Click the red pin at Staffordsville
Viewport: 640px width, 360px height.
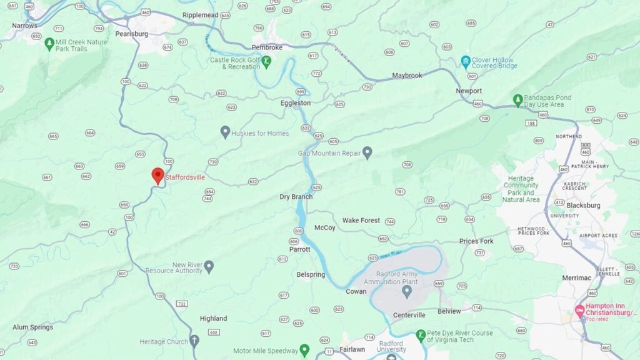158,176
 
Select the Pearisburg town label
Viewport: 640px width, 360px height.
131,34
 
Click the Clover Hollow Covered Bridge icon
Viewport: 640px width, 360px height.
465,61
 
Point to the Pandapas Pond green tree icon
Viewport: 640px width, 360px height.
517,100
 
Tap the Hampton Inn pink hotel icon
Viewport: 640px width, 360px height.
579,310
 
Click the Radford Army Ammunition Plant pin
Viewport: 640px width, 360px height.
407,291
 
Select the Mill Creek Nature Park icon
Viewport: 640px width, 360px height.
49,44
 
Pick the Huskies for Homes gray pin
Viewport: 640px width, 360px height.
225,132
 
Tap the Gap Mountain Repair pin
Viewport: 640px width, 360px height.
367,152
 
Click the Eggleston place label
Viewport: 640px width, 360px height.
295,103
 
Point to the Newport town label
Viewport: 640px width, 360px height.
469,91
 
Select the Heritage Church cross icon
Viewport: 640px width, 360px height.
194,341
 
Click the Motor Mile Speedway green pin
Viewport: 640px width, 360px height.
304,350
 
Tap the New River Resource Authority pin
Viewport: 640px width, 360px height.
209,267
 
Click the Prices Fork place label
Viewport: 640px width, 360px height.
476,241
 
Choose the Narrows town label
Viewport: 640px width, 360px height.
24,26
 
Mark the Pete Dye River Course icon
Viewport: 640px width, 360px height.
421,336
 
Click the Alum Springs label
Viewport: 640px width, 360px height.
32,327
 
